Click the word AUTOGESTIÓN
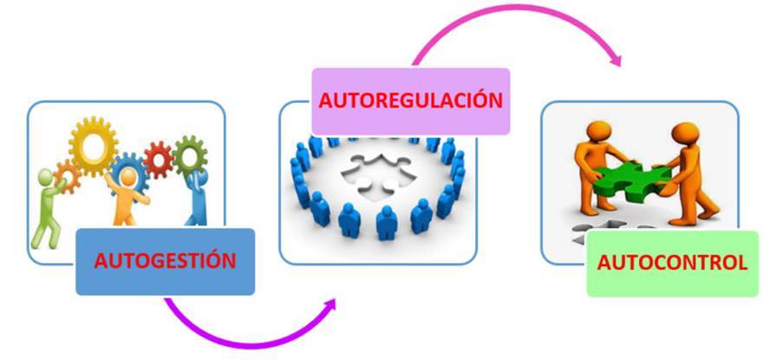165,260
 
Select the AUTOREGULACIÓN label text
410,99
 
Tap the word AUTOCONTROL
672,262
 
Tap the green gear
188,156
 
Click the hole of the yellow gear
93,141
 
